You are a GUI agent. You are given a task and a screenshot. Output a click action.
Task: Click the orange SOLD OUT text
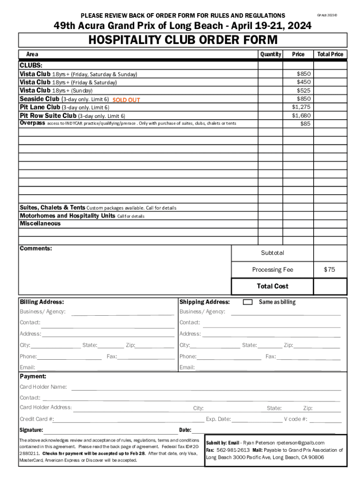[126, 100]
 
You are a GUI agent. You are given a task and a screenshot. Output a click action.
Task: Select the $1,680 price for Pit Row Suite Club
[301, 116]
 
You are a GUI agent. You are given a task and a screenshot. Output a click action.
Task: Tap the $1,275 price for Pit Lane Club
[301, 107]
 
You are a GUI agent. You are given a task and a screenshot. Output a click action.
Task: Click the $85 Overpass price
[305, 124]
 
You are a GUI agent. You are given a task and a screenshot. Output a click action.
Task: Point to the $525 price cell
[303, 90]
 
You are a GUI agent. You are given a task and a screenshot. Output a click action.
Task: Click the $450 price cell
[303, 82]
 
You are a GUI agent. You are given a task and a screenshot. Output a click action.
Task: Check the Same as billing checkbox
[248, 302]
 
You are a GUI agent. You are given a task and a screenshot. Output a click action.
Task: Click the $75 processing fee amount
[330, 269]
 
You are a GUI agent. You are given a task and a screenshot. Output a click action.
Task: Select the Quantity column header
[271, 54]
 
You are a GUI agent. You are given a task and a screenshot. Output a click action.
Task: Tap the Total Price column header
[330, 54]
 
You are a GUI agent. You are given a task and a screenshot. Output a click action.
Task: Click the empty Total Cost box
[330, 286]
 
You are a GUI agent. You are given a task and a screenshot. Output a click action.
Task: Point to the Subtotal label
[273, 253]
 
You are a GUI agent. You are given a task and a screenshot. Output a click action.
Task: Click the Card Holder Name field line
[206, 388]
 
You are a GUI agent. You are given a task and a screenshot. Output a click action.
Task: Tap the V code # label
[295, 419]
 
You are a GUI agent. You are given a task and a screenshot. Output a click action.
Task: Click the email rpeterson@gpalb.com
[300, 443]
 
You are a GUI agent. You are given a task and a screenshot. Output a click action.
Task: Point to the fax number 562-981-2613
[233, 450]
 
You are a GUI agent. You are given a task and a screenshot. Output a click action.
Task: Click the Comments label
[36, 248]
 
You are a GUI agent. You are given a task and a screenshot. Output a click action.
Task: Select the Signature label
[31, 430]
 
